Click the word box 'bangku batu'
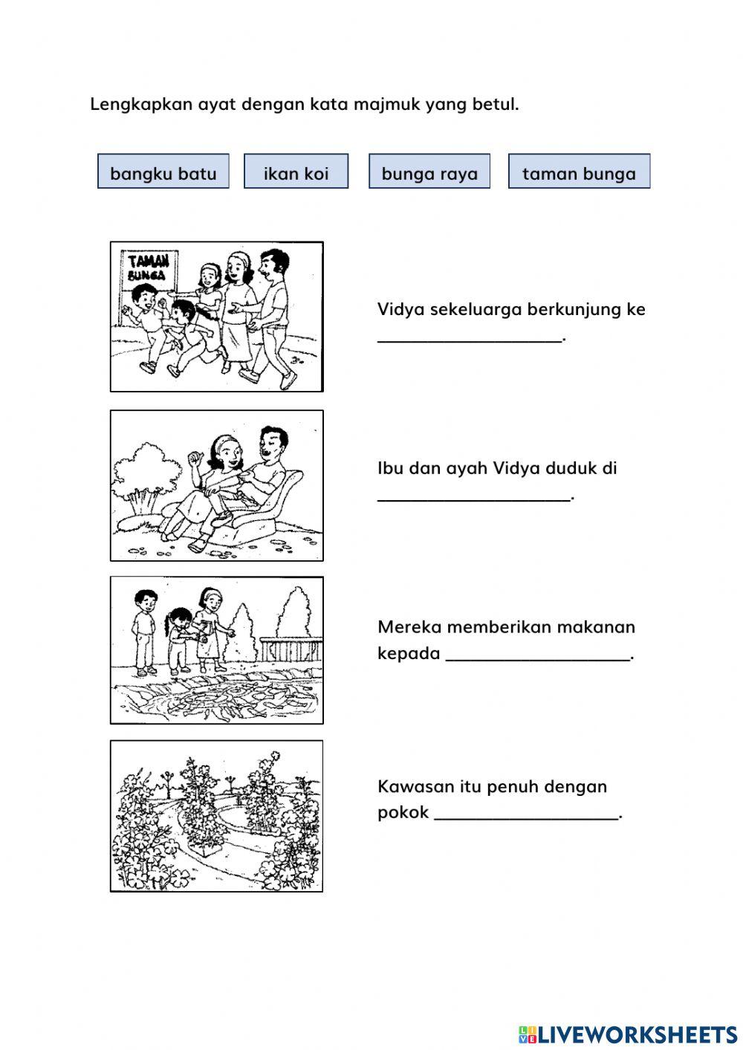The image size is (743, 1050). (x=163, y=172)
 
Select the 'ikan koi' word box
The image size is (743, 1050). (x=296, y=172)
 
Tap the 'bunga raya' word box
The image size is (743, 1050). (x=429, y=172)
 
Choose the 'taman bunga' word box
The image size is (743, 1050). (x=579, y=172)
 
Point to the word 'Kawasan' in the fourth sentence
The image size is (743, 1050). (x=409, y=786)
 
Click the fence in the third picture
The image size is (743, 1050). (x=291, y=649)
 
